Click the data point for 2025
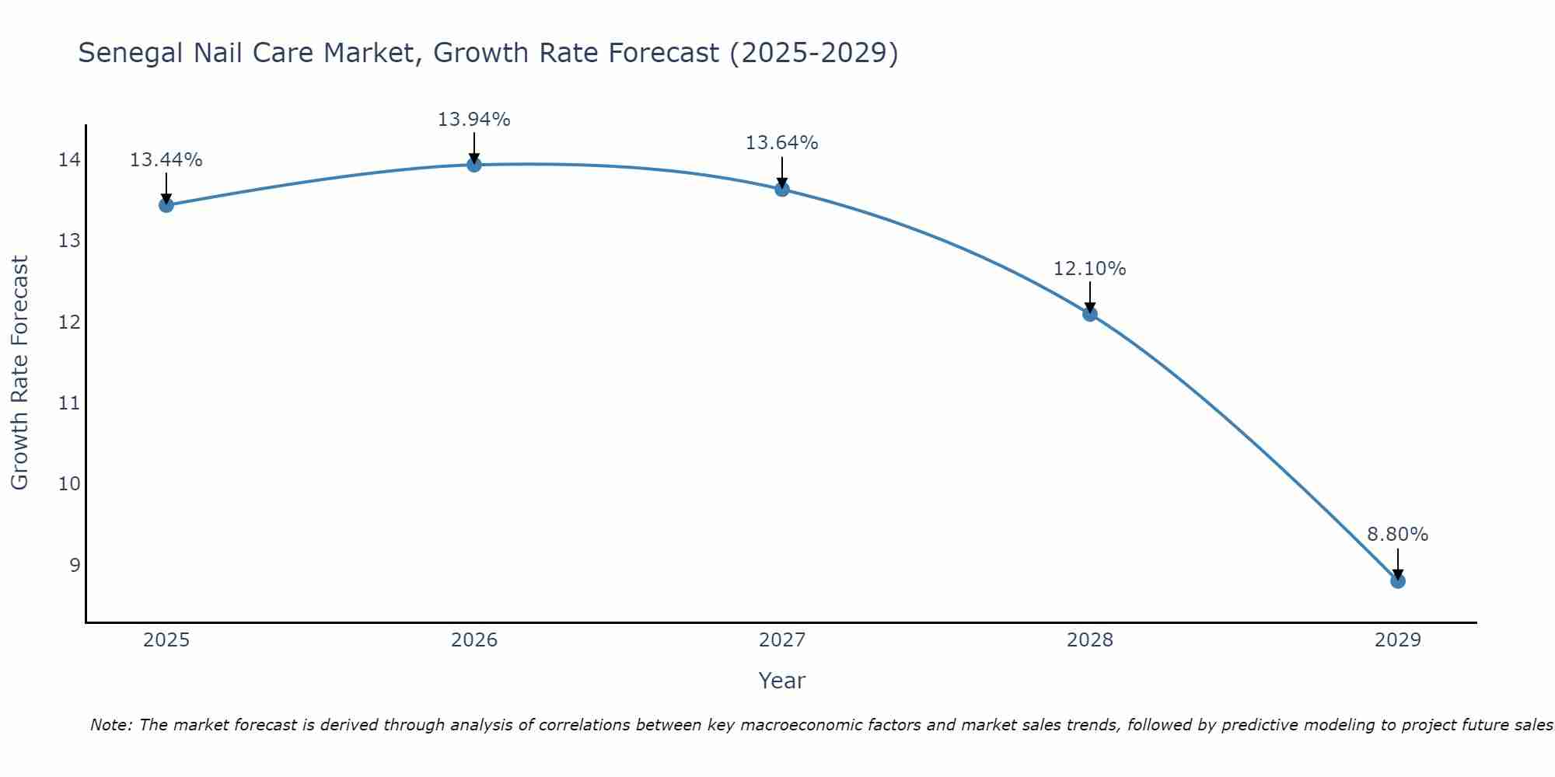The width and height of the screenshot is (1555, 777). point(166,205)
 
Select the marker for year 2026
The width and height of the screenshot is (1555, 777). point(473,165)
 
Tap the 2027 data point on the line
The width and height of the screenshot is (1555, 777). point(781,189)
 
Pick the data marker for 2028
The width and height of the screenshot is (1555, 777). point(1089,314)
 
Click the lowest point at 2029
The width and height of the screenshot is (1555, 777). point(1397,580)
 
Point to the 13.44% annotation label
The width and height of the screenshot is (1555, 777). point(166,160)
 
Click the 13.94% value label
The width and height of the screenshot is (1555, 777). point(473,120)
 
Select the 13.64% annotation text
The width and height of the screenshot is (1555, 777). point(781,143)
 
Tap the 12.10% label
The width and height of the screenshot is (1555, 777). point(1089,269)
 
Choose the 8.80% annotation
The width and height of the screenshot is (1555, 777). point(1397,535)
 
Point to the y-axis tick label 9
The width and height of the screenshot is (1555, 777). point(75,565)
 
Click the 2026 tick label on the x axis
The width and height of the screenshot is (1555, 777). point(473,640)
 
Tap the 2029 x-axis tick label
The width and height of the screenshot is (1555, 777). point(1397,640)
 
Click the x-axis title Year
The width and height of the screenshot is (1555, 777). point(781,681)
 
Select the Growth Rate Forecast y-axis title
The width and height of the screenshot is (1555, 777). point(19,373)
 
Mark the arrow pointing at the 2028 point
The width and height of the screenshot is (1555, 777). point(1089,298)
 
